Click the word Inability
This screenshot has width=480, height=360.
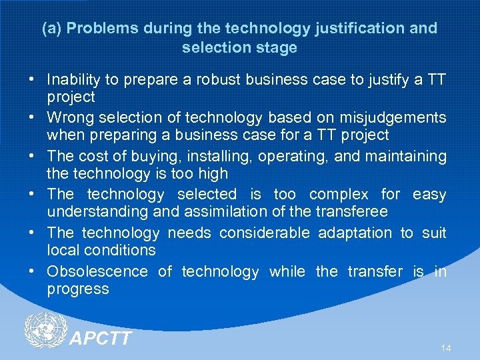pos(75,80)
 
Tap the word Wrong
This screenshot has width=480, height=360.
pos(69,118)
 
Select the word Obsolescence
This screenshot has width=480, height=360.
pos(97,271)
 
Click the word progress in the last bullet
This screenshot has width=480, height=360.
pos(78,289)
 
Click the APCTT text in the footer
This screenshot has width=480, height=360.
pos(101,339)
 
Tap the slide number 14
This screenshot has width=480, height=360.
pos(446,348)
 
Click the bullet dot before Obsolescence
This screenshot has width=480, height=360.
pos(32,271)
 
